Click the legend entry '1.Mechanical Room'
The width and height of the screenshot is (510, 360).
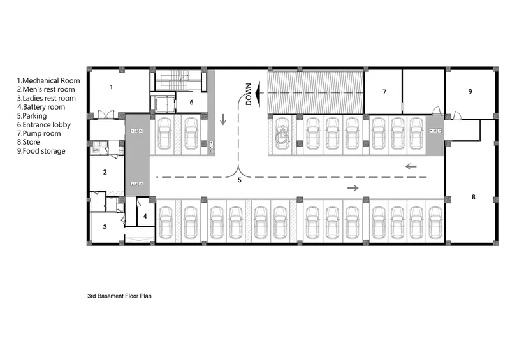[48, 81]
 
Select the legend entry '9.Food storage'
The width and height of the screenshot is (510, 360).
[41, 151]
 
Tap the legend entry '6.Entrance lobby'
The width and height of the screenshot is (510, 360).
[44, 124]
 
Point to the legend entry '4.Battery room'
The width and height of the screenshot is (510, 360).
[41, 107]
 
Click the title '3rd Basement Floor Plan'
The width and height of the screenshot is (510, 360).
[119, 296]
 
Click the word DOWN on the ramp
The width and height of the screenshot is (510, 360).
[249, 94]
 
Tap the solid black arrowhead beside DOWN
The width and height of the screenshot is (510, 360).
[259, 94]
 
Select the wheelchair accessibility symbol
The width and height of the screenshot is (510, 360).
[282, 135]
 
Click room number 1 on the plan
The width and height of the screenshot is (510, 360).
[111, 87]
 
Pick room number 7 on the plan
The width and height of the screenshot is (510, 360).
[384, 92]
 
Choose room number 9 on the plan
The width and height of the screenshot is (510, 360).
[470, 92]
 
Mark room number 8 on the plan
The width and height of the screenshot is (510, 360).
[474, 197]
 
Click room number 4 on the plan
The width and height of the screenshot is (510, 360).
[145, 216]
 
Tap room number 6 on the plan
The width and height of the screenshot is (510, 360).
[192, 103]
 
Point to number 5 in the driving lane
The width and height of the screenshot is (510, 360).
[240, 180]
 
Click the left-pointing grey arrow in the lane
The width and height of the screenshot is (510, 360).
[411, 166]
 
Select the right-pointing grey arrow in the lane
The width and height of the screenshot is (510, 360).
[353, 187]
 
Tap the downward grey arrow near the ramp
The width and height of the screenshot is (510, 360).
[223, 119]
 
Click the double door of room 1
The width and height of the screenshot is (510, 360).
[106, 114]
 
